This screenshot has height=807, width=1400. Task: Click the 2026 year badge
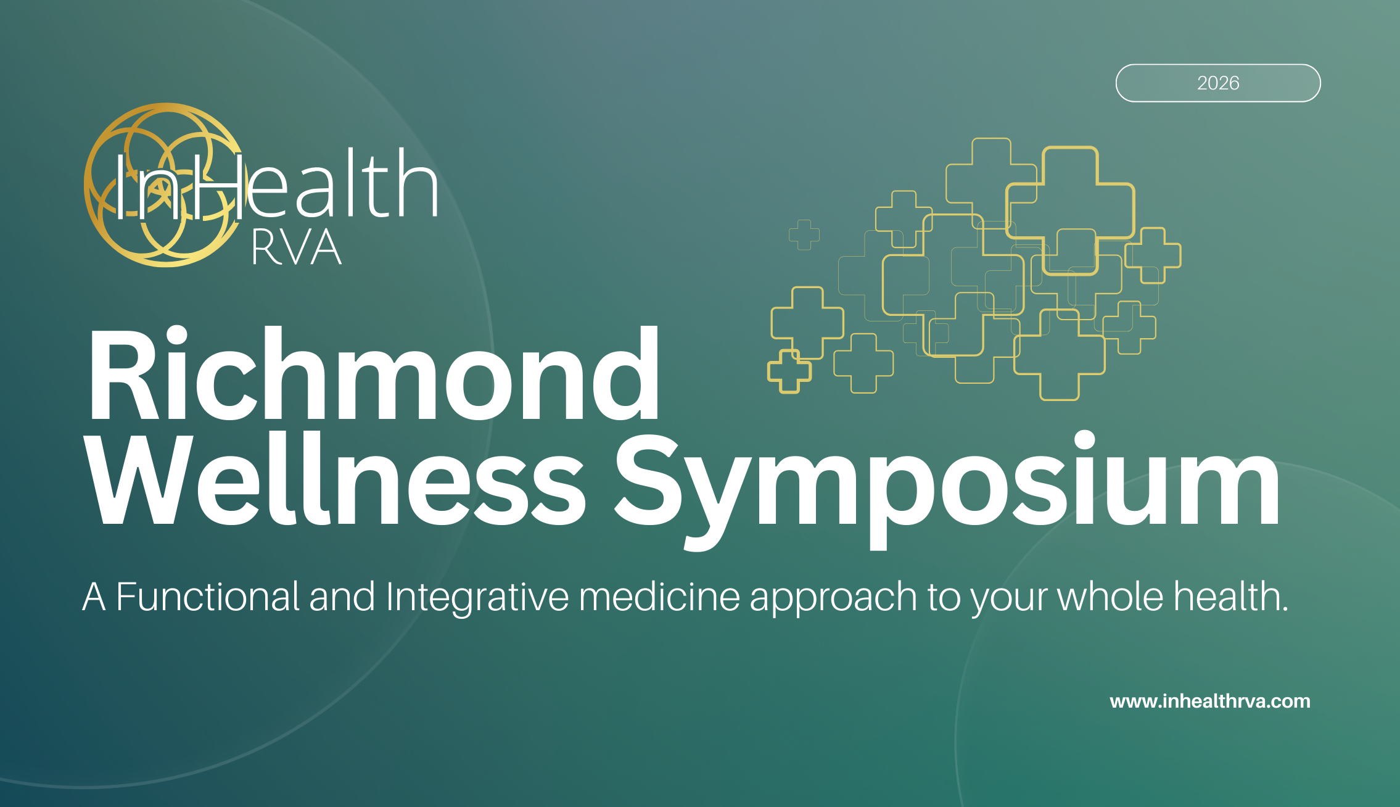click(1217, 83)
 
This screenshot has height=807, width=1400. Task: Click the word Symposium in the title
click(947, 481)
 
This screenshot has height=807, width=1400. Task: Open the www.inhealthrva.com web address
click(1209, 701)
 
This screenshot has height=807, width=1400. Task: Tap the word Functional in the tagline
click(207, 597)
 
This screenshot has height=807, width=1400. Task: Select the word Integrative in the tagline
click(477, 597)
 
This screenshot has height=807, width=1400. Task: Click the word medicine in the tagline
click(659, 597)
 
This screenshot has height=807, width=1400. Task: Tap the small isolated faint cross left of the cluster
click(804, 235)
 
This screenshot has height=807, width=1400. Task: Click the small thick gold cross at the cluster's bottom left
click(789, 371)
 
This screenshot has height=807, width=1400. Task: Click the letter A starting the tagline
click(94, 597)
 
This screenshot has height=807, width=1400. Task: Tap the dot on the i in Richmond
click(176, 336)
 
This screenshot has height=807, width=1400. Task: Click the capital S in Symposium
click(647, 481)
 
